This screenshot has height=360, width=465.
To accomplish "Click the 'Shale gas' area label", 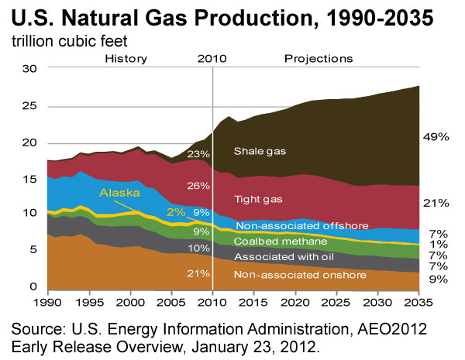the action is coord(260,152).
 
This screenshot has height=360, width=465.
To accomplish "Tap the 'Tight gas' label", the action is coord(258,199).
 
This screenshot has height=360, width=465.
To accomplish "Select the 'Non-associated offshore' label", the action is coord(302,226).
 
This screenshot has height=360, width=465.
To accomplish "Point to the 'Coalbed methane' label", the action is coord(281,242).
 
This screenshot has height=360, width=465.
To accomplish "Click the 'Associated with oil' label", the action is coord(284,256).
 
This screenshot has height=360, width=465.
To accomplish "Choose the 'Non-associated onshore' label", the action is coord(300,275).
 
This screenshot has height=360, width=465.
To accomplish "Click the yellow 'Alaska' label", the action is coord(119,193).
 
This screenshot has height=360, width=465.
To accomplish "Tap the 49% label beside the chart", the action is coord(436,137).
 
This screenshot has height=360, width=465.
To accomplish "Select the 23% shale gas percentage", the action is coord(198,154).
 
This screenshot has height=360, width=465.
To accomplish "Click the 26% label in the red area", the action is coord(198,186).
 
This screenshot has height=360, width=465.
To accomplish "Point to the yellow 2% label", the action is coord(176,212).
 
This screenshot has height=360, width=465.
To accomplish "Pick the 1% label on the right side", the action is coord(439,244).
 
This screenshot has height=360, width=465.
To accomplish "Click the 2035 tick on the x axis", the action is coord(418,303).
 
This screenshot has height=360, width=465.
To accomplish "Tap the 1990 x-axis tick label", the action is coord(48,303).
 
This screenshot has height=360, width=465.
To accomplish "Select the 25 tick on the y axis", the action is coord(29,106).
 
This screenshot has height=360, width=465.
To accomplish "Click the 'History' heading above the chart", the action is coord(126,59).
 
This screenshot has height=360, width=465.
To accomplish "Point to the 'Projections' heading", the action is coord(319,59).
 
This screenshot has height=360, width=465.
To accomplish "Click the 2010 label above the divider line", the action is coord(212,59).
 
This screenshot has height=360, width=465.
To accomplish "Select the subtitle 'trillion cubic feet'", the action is coord(70,41).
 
